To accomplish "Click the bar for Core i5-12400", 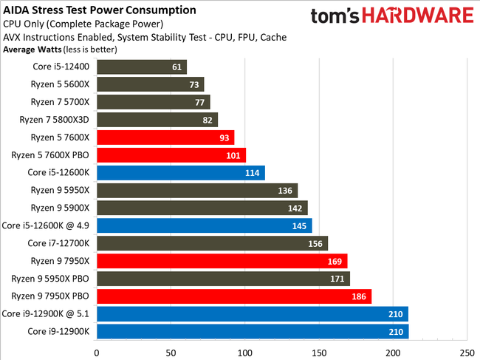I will [x=142, y=67].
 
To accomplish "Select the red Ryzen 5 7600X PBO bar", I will [x=171, y=154].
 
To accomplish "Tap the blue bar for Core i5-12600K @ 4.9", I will [x=205, y=225].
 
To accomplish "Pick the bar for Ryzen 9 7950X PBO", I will [x=234, y=296].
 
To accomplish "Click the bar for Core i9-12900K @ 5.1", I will [x=252, y=313].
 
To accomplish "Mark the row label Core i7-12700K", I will [x=59, y=243].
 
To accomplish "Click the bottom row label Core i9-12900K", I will [x=59, y=331].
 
